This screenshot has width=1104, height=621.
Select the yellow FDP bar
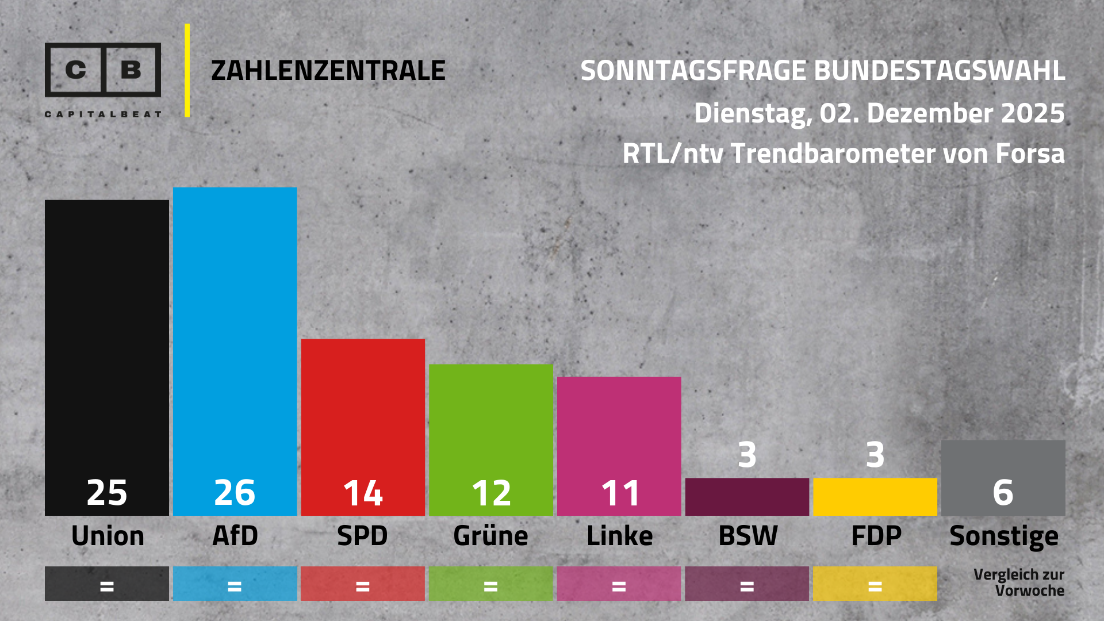coord(875,497)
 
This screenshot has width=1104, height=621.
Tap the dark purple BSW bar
coord(747,497)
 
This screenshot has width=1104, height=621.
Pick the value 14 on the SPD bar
coord(363,493)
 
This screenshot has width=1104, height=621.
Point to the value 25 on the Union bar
coord(107,493)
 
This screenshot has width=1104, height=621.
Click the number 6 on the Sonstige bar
coord(1003,493)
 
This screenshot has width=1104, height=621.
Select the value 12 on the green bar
coord(491,493)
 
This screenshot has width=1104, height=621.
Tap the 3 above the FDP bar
coord(875,455)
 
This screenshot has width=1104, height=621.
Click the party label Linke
coord(619,536)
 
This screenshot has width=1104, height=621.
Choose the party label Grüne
coord(490,536)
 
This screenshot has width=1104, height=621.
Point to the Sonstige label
coord(1003,536)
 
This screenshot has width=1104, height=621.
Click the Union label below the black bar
coord(108,536)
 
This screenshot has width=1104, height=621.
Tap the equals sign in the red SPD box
coord(363,586)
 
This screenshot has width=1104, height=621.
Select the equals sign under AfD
coord(235,586)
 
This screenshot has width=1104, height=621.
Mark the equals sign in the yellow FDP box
coord(875,586)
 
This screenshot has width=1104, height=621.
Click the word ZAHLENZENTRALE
coord(328,71)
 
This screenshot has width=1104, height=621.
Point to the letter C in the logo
coord(75,70)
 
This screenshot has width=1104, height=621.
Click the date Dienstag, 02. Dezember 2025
coord(879,113)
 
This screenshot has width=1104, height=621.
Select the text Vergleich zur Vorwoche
coord(1018,582)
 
